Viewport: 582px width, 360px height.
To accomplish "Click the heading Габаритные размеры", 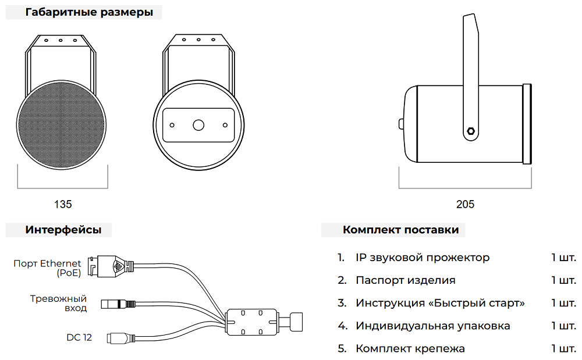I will pos(89,12).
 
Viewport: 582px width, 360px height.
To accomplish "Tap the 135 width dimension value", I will pos(63,204).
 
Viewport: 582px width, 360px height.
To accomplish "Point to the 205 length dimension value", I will pos(465,204).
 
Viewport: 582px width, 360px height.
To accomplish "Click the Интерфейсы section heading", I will pos(63,230).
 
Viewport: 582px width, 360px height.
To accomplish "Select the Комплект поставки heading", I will pos(400,230).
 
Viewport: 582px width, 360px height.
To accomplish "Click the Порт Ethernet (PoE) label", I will pos(48,268).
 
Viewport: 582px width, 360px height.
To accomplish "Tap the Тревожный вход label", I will pos(58,303).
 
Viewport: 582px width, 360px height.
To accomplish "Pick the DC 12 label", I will pos(79,337).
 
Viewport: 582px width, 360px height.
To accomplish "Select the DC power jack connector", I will pos(119,337).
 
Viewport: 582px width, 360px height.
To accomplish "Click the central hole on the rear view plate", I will pos(198,124).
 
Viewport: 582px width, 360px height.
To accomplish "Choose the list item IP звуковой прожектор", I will pos(423,258).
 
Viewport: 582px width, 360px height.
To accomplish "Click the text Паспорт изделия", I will pos(405,280).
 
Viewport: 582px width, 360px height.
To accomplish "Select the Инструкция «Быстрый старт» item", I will pos(440,303).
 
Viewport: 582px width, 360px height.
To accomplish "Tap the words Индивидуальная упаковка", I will pos(432,326).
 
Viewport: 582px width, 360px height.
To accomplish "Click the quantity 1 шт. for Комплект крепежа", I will pos(563,348).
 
